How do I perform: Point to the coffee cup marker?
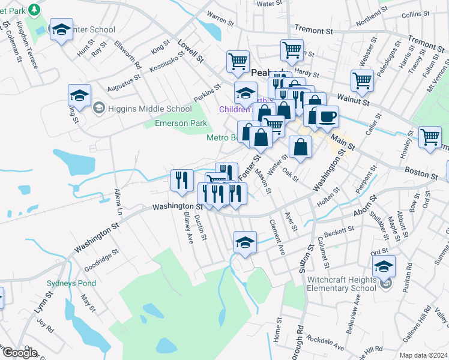(x=327, y=117)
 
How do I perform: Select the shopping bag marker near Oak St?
(x=300, y=146)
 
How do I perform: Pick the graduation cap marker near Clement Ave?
(x=245, y=242)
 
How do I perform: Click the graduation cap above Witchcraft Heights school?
(x=384, y=266)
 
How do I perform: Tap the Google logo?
(x=20, y=353)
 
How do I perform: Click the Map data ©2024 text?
(x=423, y=355)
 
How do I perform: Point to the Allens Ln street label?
(x=118, y=203)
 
